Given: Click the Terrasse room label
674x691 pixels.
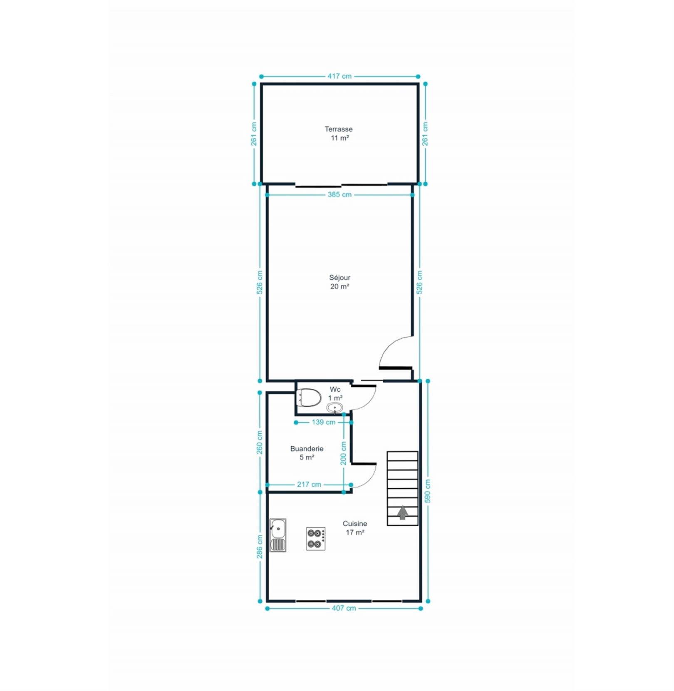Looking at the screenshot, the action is pos(339,129).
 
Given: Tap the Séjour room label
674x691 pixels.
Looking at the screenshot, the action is pos(339,277).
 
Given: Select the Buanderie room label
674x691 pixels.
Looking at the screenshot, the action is pos(307,449).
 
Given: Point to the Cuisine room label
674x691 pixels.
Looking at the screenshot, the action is pos(355,524).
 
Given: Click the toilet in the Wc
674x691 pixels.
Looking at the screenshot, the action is pos(308,398).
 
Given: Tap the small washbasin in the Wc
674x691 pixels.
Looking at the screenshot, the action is pos(335,408).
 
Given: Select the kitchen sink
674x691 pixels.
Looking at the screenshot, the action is pos(278,535).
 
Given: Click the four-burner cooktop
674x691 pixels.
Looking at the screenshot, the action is pos(316,539).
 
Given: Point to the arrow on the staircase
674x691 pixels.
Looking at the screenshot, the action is pos(402,513).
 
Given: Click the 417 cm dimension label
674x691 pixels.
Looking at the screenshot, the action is pos(339,76).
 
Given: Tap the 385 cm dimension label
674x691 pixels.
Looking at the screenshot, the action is pos(339,194).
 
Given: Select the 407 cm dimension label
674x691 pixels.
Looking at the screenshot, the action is pos(344,608).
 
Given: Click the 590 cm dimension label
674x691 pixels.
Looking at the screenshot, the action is pos(427,491).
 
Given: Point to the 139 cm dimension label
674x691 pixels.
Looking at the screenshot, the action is pos(323,422).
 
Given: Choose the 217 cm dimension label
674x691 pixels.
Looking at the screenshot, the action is pos(309,485).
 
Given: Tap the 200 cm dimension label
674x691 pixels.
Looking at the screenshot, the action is pos(343,453).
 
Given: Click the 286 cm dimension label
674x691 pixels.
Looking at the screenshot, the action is pos(260,547).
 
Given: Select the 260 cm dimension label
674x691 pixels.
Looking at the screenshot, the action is pos(260,442).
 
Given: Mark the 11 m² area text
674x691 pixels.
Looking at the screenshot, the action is pos(339,138).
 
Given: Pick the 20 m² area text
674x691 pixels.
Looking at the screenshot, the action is pos(339,286).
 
